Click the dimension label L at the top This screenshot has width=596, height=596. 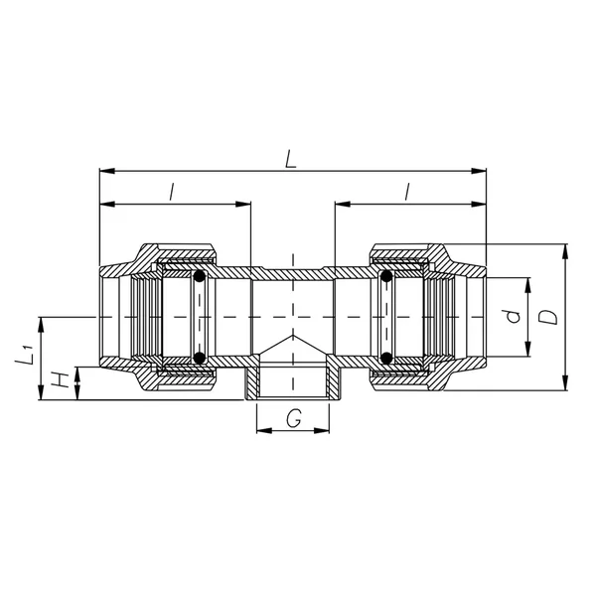[291, 159]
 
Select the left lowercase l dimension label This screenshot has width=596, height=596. [172, 192]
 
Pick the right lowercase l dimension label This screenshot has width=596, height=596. [407, 192]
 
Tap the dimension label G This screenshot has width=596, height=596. [294, 418]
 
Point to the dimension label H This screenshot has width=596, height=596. [60, 380]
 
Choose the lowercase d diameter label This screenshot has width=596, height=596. [514, 316]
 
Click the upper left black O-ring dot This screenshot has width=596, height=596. [200, 276]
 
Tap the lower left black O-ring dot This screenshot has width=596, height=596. [200, 358]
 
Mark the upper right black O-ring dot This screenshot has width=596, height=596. [386, 276]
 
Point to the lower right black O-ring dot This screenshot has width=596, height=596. [386, 358]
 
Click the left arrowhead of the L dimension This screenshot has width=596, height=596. [107, 171]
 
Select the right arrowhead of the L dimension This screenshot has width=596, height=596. [479, 171]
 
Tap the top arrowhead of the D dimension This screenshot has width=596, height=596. [566, 251]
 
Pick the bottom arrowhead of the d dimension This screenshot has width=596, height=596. [527, 350]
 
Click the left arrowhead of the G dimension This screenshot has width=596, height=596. [264, 431]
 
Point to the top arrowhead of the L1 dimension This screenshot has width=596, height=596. [41, 324]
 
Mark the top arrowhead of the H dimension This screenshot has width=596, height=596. [77, 374]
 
